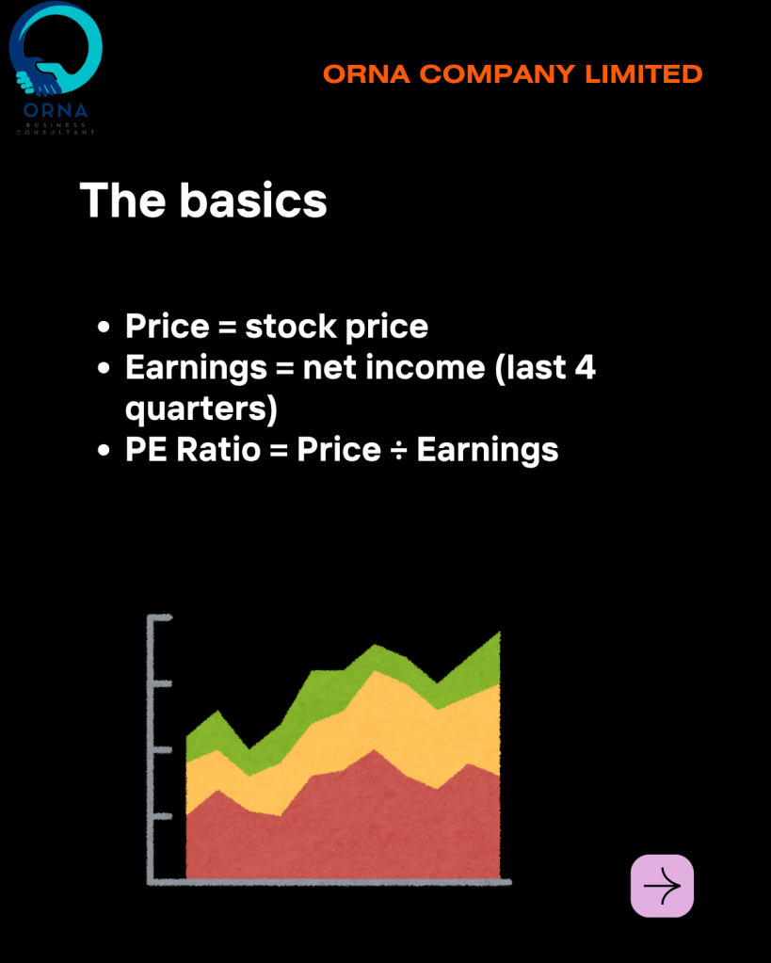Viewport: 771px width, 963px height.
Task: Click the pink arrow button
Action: (662, 886)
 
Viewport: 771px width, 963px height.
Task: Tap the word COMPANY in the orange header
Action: (498, 74)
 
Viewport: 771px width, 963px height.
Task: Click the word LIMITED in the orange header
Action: (644, 74)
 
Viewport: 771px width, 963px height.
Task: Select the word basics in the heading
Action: (253, 201)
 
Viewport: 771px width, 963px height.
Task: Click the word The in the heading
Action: (123, 201)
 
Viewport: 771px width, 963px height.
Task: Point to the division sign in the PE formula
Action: (399, 450)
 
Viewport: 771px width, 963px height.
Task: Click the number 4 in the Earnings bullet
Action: (585, 366)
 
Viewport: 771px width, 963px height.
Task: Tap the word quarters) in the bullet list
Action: (201, 409)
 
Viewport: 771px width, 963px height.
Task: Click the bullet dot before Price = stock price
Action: (104, 327)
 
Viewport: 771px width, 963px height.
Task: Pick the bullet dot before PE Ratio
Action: (104, 450)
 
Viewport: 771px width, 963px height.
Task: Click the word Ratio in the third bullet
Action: (218, 450)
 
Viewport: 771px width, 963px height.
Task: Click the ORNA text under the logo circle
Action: (56, 110)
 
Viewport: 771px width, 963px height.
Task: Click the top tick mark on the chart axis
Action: (161, 618)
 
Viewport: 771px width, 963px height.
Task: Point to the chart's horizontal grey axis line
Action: (329, 883)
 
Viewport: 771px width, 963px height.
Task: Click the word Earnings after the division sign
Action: (488, 451)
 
